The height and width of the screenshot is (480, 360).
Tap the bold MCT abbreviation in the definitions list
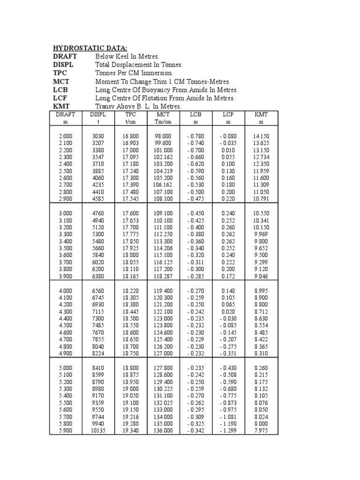point(61,82)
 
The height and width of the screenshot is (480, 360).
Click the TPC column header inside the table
point(130,114)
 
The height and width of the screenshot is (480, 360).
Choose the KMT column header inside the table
point(261,114)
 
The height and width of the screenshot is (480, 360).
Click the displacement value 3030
point(98,136)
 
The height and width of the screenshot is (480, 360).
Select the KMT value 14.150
point(261,136)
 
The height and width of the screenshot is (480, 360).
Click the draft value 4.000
point(66,291)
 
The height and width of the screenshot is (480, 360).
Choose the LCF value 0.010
point(228,150)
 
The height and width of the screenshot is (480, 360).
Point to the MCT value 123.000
point(163,318)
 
